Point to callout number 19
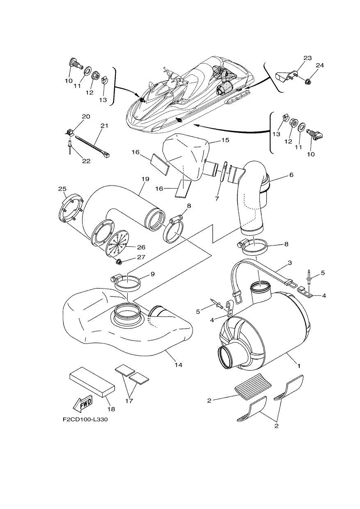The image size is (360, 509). click(145, 179)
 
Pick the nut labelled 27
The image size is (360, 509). click(118, 262)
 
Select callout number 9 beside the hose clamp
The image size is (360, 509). click(153, 274)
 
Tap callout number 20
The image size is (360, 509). click(86, 117)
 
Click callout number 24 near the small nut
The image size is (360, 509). click(319, 65)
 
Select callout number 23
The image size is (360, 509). click(307, 58)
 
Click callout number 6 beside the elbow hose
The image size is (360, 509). click(291, 175)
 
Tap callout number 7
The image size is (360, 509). click(217, 199)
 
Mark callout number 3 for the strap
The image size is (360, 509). click(290, 263)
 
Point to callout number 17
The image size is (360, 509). click(129, 401)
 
